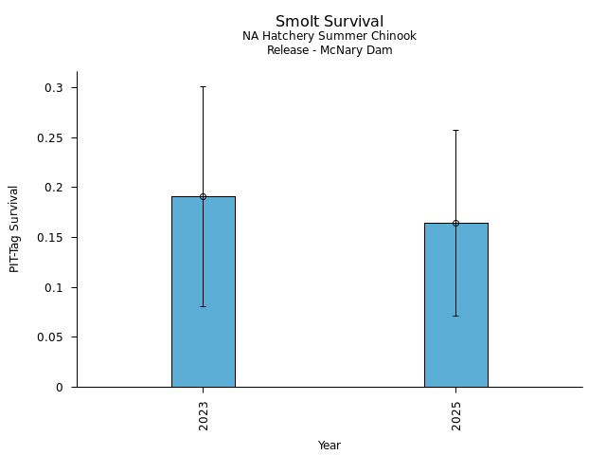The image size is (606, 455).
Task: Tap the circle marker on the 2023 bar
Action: pos(203,196)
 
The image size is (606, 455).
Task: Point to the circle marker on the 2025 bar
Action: pos(455,223)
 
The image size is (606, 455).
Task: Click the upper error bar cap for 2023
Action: pos(203,86)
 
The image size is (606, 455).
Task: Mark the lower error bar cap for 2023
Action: pos(203,306)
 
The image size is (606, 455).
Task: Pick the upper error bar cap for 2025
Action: pos(455,130)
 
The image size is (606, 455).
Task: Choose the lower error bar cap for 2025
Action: pos(455,316)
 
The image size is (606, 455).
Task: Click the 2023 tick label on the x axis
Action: pos(204,416)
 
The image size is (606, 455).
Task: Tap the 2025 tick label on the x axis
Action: pos(456,416)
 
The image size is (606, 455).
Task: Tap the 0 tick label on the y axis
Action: pos(59,387)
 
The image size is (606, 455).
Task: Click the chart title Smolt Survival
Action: pos(330,21)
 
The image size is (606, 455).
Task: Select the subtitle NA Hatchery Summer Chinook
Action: pos(330,36)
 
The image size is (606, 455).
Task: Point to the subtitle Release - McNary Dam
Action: pos(330,50)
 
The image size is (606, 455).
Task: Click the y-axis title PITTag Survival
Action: pos(14,228)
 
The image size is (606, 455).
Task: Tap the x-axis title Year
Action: pos(330,446)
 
